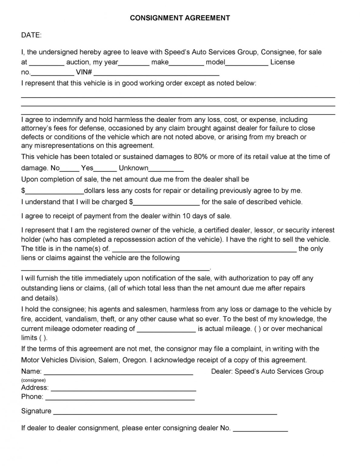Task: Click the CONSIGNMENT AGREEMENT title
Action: tap(180, 18)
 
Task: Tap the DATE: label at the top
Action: tap(31, 35)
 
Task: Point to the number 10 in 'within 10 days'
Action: tap(186, 216)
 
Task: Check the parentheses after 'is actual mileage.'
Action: tap(257, 329)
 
